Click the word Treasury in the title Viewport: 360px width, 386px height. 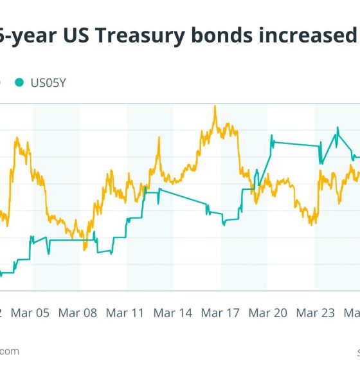132,37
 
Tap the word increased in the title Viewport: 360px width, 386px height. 306,37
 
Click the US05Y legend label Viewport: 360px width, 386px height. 50,82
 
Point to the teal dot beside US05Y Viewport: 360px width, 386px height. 19,82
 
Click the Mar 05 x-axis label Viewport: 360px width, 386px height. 30,313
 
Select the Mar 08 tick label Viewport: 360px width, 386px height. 78,313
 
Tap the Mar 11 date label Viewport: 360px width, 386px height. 125,313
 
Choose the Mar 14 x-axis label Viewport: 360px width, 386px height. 173,313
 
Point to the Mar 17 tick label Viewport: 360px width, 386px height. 221,313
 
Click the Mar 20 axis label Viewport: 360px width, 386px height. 268,313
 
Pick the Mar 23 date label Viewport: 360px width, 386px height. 316,313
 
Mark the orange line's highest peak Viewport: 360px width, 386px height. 215,106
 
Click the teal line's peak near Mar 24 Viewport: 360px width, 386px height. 337,128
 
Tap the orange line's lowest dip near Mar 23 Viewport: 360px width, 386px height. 312,223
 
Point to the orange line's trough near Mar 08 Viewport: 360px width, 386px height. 85,249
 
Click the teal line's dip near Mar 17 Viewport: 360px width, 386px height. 224,224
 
